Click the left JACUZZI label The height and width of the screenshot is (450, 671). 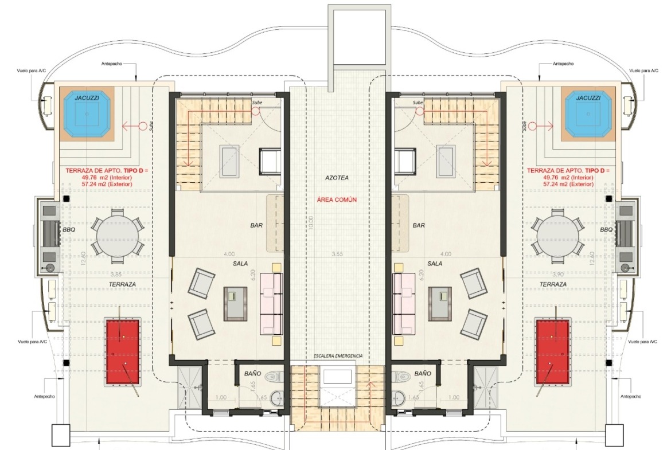[x=87, y=98]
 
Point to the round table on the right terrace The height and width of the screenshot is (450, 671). [x=559, y=236]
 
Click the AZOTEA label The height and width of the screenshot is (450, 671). [x=337, y=178]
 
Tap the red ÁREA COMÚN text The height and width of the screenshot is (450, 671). [x=337, y=199]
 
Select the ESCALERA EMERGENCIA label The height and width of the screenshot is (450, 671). [x=338, y=356]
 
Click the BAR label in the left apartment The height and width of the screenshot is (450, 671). [x=256, y=225]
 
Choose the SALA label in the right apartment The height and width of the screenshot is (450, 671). [x=434, y=264]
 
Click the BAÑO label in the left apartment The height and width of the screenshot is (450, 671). [x=252, y=373]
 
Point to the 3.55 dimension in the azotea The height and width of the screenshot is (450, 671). [x=338, y=254]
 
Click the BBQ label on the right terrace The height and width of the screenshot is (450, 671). [x=606, y=230]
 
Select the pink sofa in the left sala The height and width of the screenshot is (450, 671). [x=271, y=304]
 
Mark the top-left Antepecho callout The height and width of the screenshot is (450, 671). [x=111, y=64]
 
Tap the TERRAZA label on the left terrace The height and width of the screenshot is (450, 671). [x=122, y=284]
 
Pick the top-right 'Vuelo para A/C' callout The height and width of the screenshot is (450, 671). [x=643, y=71]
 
